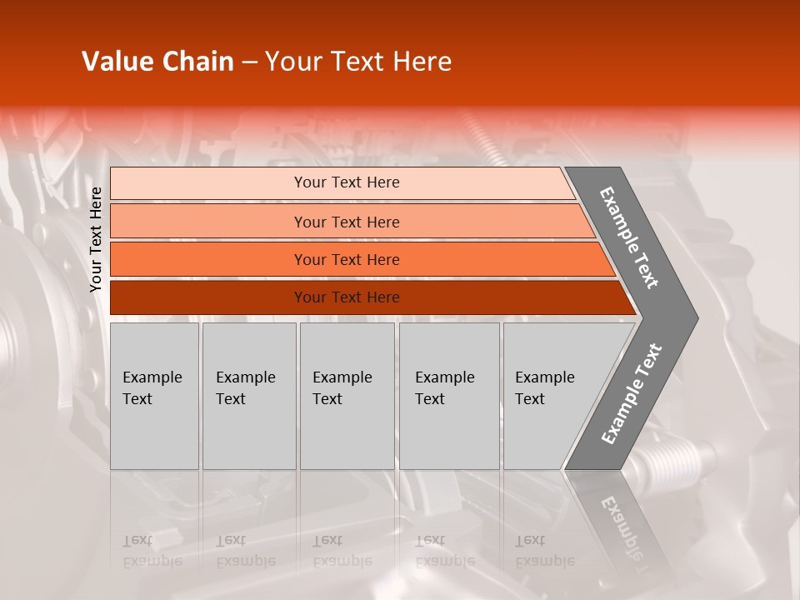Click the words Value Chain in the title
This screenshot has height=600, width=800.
click(157, 62)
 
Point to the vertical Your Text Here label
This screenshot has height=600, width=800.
click(96, 239)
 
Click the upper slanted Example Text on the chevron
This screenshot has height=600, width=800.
click(629, 237)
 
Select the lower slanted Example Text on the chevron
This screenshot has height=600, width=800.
click(632, 394)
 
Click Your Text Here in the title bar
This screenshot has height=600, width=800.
click(358, 62)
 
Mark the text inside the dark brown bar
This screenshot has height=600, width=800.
click(347, 297)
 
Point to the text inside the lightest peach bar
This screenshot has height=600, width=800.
click(347, 182)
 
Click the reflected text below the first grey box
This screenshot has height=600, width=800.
click(152, 551)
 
